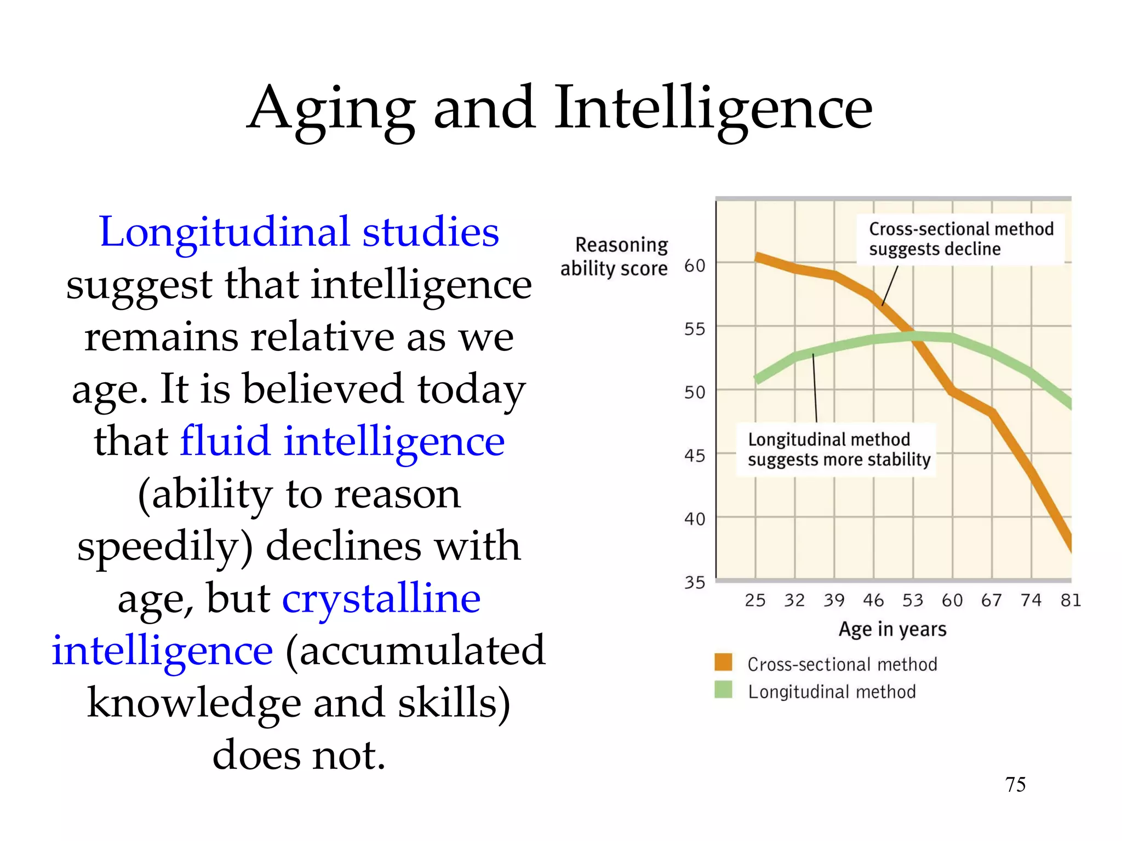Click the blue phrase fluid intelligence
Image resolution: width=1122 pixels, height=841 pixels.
(x=342, y=441)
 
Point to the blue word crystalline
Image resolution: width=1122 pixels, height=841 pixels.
(x=381, y=598)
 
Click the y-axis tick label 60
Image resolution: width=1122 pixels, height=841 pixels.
(x=695, y=266)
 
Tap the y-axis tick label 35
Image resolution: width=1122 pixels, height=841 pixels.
(x=695, y=582)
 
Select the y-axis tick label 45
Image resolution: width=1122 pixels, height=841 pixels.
(x=695, y=456)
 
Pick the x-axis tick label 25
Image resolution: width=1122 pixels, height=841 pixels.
(x=755, y=601)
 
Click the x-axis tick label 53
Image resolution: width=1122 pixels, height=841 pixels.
(x=913, y=601)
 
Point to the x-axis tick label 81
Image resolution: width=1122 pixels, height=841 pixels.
(x=1071, y=601)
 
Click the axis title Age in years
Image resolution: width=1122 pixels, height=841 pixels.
(x=892, y=630)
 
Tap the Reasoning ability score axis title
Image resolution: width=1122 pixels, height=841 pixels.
(x=614, y=257)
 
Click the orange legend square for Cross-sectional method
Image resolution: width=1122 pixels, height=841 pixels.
(x=724, y=662)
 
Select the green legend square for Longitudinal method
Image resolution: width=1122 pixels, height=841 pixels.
(x=724, y=690)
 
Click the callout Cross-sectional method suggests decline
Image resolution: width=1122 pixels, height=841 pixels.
(x=961, y=239)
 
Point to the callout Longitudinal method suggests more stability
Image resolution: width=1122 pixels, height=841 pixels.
(x=838, y=450)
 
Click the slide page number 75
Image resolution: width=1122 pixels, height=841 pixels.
(x=1015, y=785)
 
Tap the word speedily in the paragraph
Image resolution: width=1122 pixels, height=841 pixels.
(x=164, y=547)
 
